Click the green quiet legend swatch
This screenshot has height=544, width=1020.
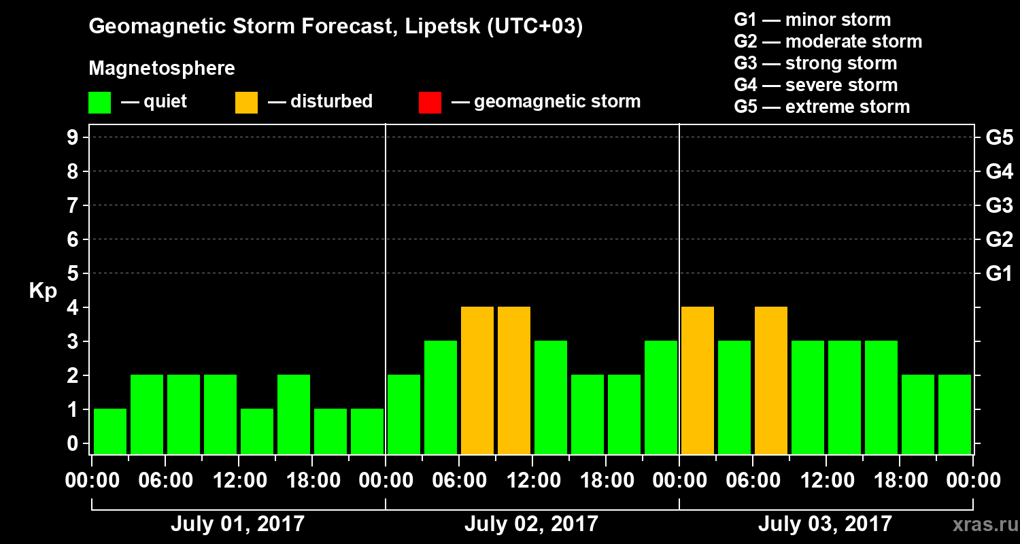[x=99, y=103]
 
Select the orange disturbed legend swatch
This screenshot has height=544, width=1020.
[x=246, y=103]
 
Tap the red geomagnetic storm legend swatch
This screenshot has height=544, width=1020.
[x=430, y=103]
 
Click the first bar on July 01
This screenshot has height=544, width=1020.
[x=110, y=431]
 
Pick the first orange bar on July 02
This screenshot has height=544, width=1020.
[x=477, y=380]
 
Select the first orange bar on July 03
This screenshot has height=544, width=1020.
[x=698, y=380]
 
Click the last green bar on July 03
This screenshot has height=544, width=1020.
[x=955, y=414]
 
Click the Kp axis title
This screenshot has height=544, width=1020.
[x=43, y=291]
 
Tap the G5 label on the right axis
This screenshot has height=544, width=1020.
[x=999, y=137]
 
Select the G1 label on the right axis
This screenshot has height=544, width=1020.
[x=999, y=273]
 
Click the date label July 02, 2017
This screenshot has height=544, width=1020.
[x=531, y=524]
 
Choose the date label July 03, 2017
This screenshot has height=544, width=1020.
[x=824, y=524]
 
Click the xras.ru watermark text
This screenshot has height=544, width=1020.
[x=981, y=525]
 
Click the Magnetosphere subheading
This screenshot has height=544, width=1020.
[x=162, y=69]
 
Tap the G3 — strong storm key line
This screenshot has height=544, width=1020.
[x=815, y=63]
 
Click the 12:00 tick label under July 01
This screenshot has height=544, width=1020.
[x=239, y=480]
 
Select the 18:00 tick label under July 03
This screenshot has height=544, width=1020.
[x=899, y=480]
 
